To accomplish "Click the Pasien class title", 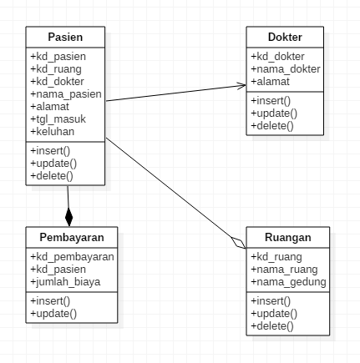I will click(65, 38).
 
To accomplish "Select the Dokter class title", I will click(285, 38).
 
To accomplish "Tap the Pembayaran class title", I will click(70, 237).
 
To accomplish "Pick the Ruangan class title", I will click(288, 237).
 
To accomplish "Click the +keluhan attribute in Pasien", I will click(51, 132).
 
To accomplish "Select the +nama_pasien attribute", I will click(65, 94).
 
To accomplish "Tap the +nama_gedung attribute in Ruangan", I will click(288, 282).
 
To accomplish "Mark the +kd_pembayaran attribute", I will click(71, 258).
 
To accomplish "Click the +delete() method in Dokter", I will click(272, 125).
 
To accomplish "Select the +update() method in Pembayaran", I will click(53, 313).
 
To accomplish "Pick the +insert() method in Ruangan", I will click(271, 300).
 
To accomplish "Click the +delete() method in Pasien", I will click(51, 176).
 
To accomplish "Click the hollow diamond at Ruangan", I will click(239, 241).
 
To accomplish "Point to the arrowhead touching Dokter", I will click(241, 86).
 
